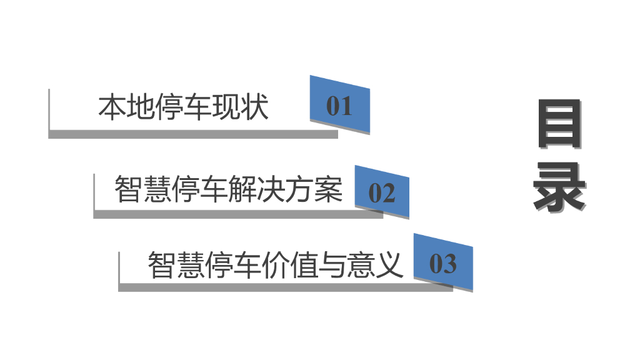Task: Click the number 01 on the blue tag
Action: click(x=339, y=106)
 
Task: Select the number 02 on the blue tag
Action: click(x=382, y=194)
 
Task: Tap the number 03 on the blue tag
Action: click(x=443, y=264)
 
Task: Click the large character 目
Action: click(x=559, y=125)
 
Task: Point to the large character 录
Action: click(x=559, y=189)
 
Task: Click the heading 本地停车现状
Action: click(x=183, y=107)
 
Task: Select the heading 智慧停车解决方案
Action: click(x=229, y=189)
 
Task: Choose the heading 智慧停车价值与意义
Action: click(x=275, y=264)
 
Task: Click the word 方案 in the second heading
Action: click(x=320, y=189)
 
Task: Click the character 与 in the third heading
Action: click(x=332, y=264)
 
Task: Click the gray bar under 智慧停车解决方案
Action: click(x=237, y=214)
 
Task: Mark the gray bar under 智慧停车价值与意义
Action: click(x=284, y=287)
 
